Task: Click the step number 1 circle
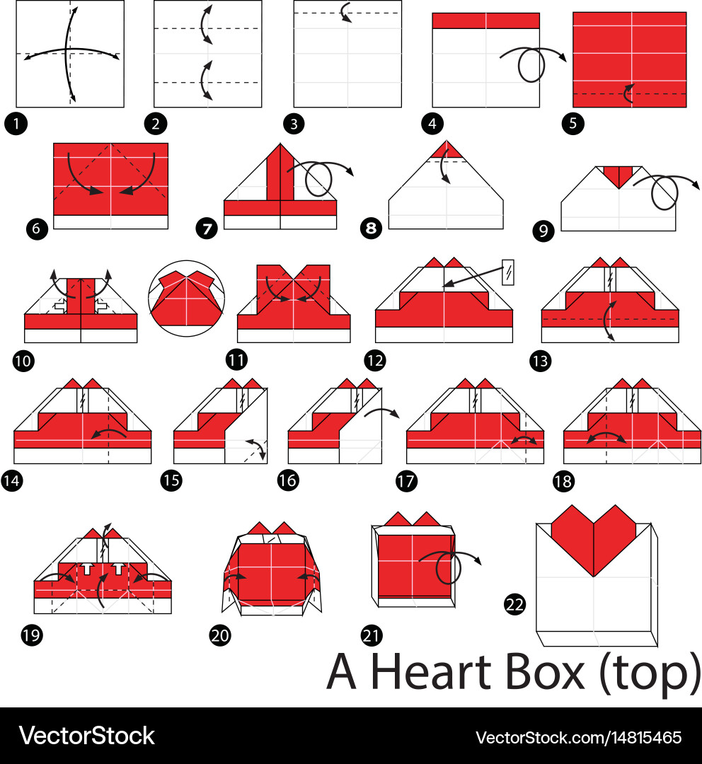click(x=16, y=125)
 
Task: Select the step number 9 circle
click(x=544, y=231)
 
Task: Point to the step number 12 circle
click(x=374, y=360)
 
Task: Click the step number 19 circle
click(x=32, y=635)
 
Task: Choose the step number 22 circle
click(x=514, y=603)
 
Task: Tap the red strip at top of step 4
click(x=485, y=21)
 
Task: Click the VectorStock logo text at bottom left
click(x=86, y=736)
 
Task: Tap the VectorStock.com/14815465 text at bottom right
click(x=578, y=737)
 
